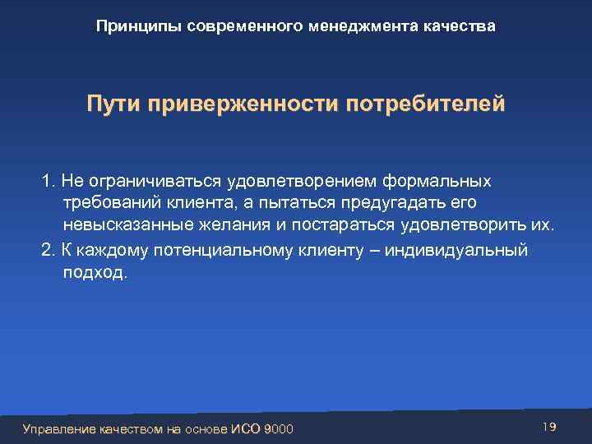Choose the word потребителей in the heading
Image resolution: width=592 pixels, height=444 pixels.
[425, 106]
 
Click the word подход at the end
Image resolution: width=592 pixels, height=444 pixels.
[92, 272]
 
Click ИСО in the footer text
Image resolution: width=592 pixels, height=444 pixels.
[246, 429]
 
